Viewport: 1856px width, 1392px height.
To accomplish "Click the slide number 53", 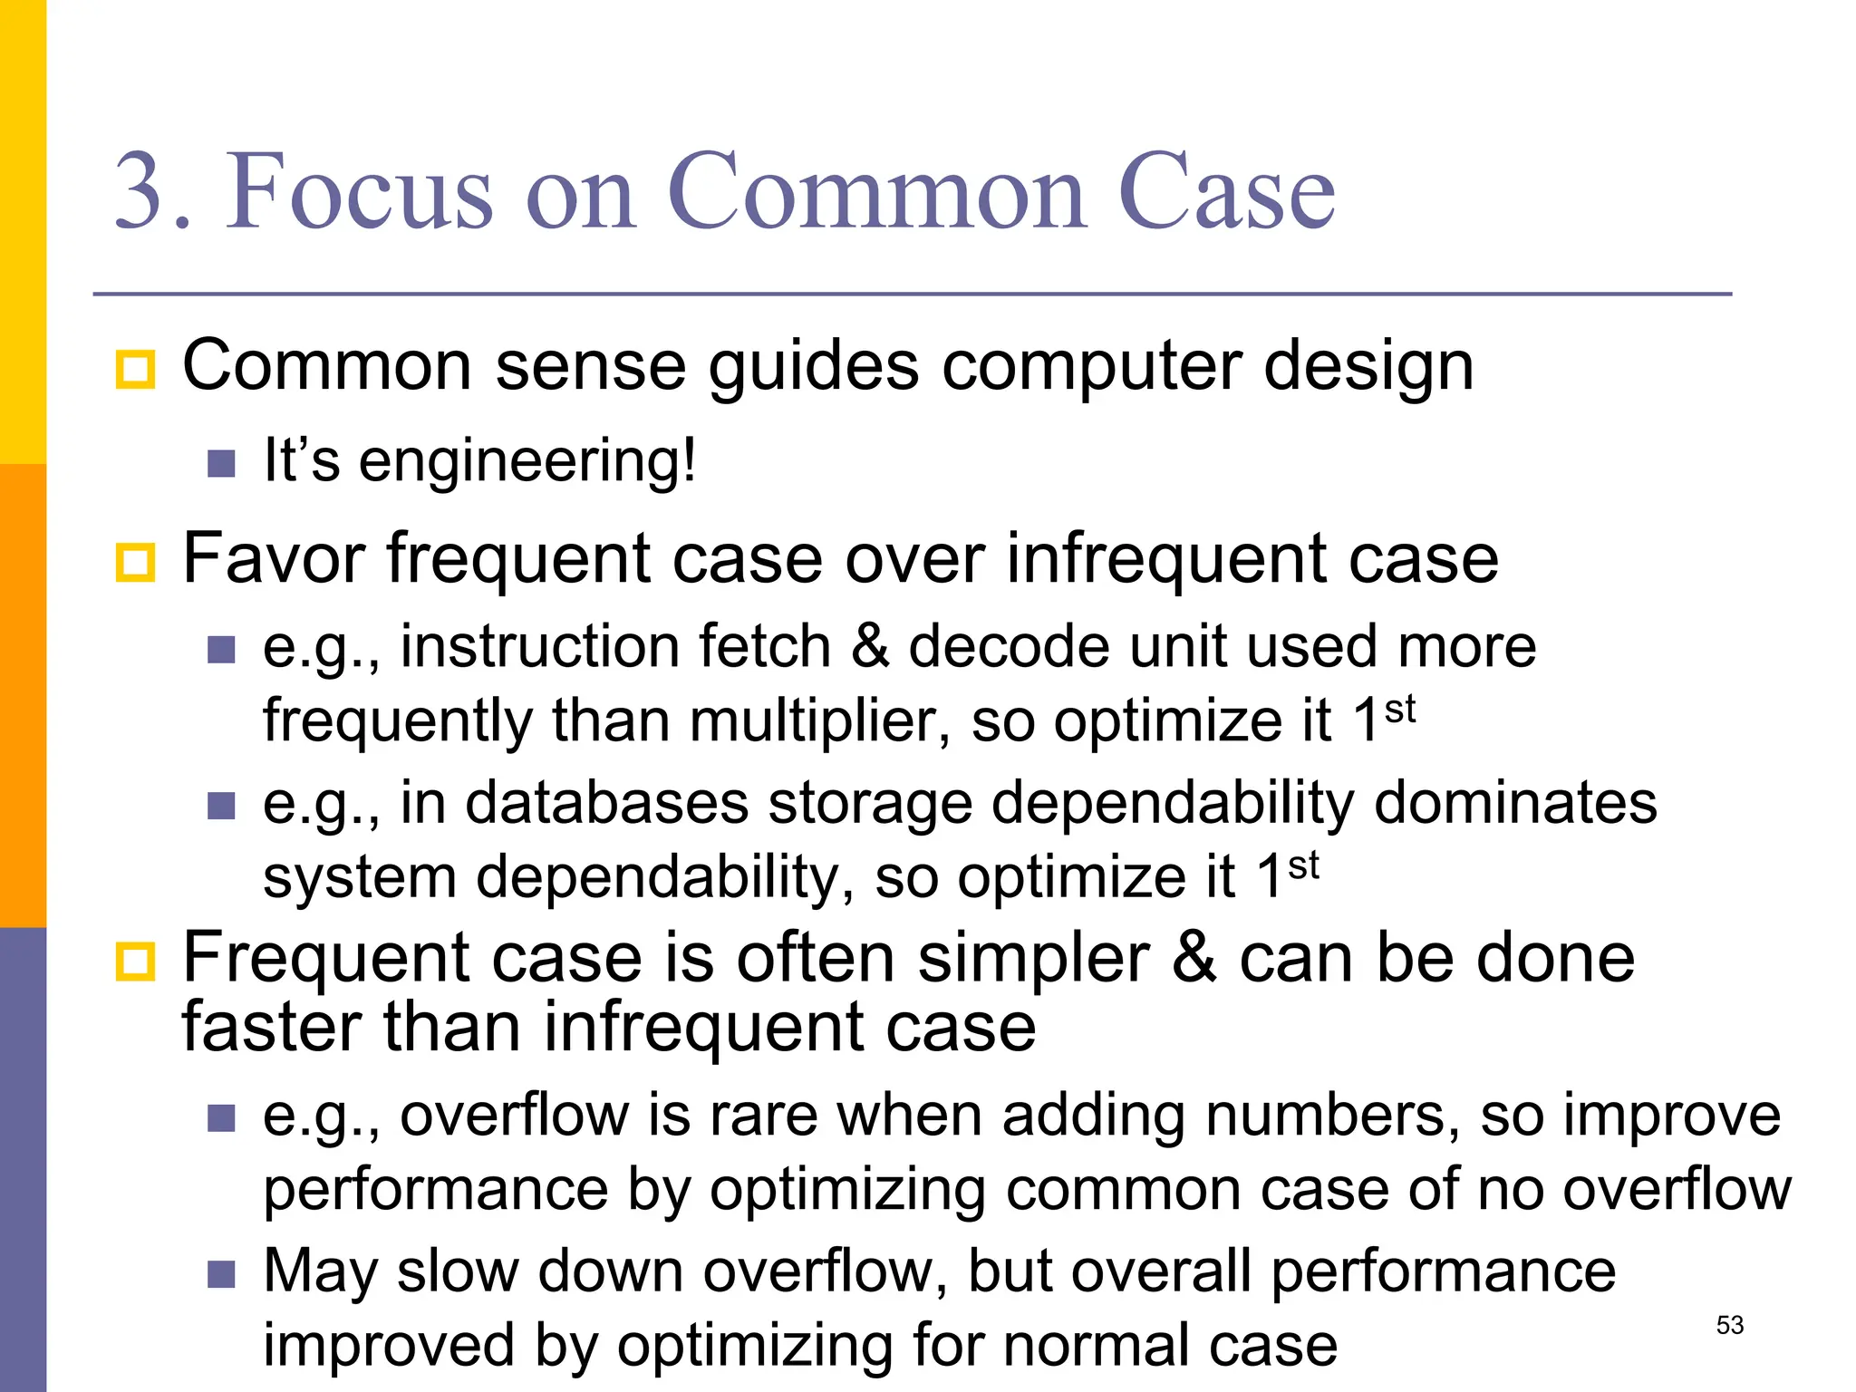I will click(x=1729, y=1325).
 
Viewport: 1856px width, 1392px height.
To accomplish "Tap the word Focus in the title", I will click(x=359, y=192).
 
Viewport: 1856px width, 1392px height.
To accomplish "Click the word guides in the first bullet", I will click(x=813, y=368).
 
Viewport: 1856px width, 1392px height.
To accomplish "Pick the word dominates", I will click(x=1515, y=803).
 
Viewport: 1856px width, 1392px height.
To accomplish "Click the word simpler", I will click(x=1033, y=959).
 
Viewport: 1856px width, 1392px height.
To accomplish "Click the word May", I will click(x=319, y=1272).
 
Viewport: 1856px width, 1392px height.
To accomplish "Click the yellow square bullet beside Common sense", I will click(x=136, y=370).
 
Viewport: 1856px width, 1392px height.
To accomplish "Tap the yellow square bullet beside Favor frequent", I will click(x=136, y=562).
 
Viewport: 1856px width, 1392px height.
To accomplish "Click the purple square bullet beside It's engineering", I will click(x=221, y=464).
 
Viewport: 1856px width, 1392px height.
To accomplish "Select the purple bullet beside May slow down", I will click(x=221, y=1274).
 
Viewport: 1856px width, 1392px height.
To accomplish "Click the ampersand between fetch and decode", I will click(x=870, y=647).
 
